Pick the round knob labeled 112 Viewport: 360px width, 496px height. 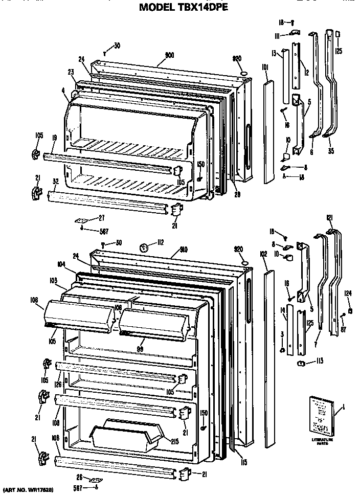pos(145,248)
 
